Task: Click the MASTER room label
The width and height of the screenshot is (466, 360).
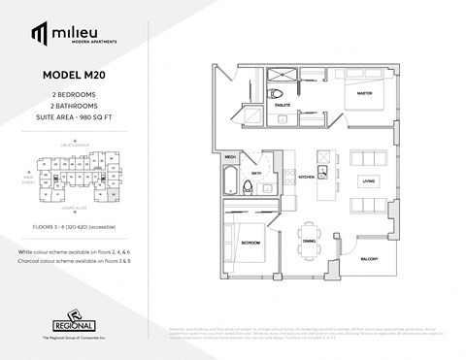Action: [364, 93]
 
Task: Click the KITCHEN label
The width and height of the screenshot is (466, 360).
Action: [305, 178]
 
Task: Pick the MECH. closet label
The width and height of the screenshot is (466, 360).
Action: [231, 155]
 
